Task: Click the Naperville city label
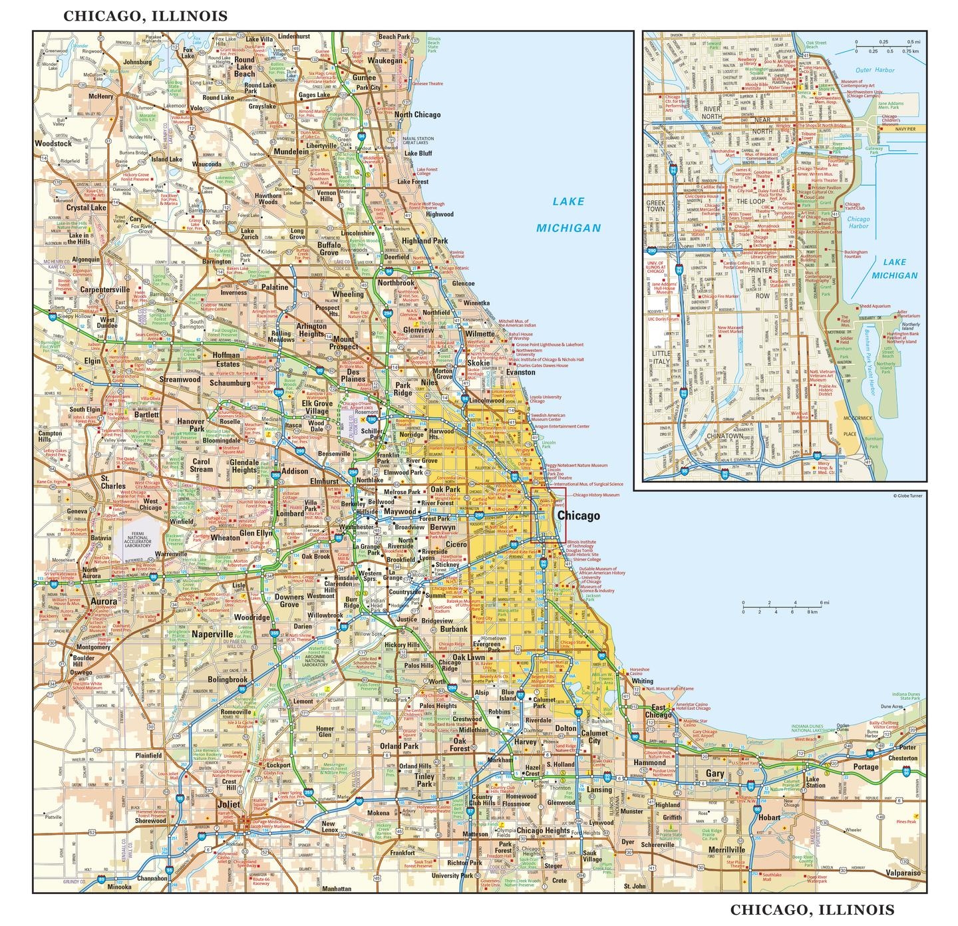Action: pyautogui.click(x=212, y=634)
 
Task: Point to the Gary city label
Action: pyautogui.click(x=715, y=774)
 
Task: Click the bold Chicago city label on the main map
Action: pyautogui.click(x=578, y=516)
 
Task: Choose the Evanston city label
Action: pyautogui.click(x=520, y=373)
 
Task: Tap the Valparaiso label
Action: pyautogui.click(x=903, y=873)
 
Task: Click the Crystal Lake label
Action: pyautogui.click(x=86, y=208)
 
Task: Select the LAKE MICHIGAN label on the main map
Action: pyautogui.click(x=568, y=214)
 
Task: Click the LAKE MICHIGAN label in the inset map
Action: pyautogui.click(x=894, y=269)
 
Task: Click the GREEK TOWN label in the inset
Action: pyautogui.click(x=656, y=205)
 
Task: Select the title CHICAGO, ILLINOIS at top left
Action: pyautogui.click(x=145, y=16)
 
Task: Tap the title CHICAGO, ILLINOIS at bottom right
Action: pyautogui.click(x=812, y=909)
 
